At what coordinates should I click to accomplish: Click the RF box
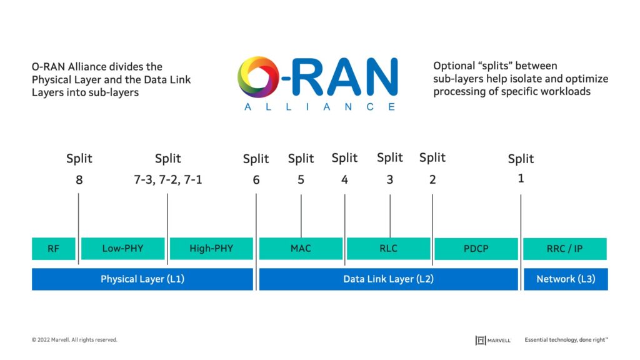coord(54,249)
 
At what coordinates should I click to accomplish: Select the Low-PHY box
coord(122,249)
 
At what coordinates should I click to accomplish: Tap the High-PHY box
coord(211,249)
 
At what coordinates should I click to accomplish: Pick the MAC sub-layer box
coord(301,249)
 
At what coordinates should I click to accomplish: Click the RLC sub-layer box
coord(389,249)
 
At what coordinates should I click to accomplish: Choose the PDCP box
coord(476,249)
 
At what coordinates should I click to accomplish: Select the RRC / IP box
coord(565,249)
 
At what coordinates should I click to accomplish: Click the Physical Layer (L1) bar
coord(142,279)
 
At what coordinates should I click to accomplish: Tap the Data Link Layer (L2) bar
coord(388,279)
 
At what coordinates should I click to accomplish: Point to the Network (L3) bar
coord(566,279)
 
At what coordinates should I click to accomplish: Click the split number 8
coord(79,181)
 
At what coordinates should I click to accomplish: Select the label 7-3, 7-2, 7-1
coord(167,180)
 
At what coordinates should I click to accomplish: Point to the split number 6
coord(256,181)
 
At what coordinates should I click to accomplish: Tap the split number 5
coord(301,180)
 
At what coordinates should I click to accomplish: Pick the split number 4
coord(344,180)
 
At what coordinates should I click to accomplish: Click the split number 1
coord(521,179)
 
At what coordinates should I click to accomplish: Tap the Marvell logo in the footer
coord(493,340)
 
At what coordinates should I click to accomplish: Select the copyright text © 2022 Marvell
coord(74,340)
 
